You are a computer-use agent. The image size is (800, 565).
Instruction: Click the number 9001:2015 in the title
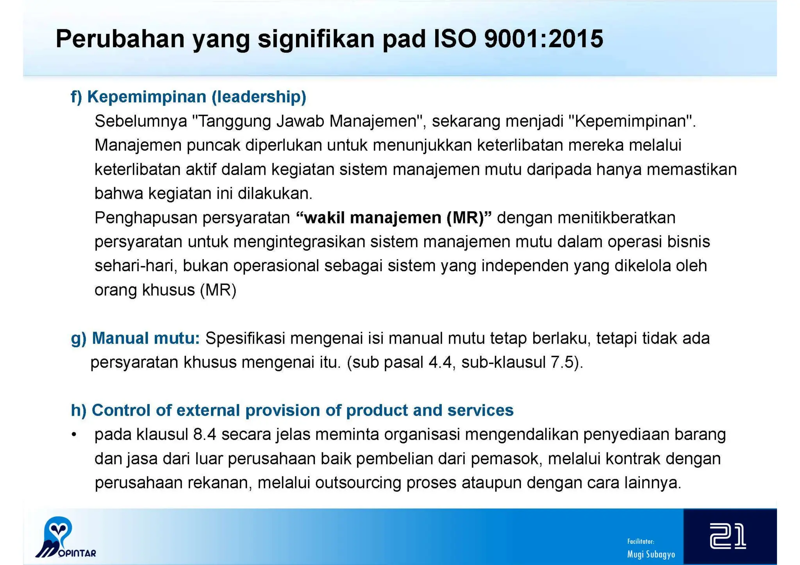pos(543,39)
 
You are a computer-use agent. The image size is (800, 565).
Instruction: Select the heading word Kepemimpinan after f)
pos(146,97)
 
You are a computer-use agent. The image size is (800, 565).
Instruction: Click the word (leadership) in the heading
pos(259,97)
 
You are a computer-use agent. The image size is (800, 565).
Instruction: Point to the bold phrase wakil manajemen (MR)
pos(394,218)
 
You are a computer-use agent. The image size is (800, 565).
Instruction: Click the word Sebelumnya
pos(141,121)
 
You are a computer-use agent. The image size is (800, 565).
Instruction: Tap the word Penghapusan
pos(146,218)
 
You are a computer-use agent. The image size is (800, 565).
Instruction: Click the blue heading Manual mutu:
pos(146,338)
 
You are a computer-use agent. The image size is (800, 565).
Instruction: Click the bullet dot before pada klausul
pos(74,435)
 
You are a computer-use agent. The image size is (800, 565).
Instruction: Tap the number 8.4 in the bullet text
pos(204,435)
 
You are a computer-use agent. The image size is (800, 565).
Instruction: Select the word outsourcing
pos(358,483)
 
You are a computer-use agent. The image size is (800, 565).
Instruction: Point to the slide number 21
pos(728,536)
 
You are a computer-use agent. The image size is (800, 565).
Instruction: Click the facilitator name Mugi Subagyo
pos(651,554)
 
